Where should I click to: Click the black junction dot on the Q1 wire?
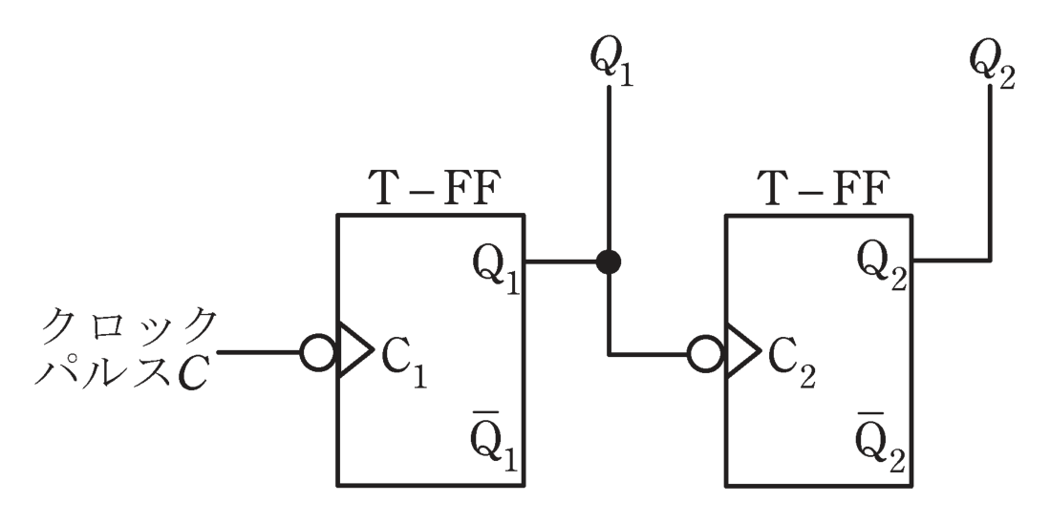609,261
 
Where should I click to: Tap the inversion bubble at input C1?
317,352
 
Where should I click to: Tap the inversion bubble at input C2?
705,354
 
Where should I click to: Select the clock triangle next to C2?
743,352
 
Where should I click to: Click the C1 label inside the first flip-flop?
404,364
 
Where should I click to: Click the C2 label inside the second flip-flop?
791,365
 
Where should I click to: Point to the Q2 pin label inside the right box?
883,268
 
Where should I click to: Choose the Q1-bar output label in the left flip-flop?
496,446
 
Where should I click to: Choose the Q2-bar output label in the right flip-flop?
883,446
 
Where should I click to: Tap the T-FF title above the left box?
435,189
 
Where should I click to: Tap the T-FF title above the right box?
823,189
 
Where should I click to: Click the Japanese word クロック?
130,326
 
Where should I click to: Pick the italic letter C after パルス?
193,372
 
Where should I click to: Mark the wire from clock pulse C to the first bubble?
259,352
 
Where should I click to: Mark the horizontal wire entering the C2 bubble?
648,354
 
